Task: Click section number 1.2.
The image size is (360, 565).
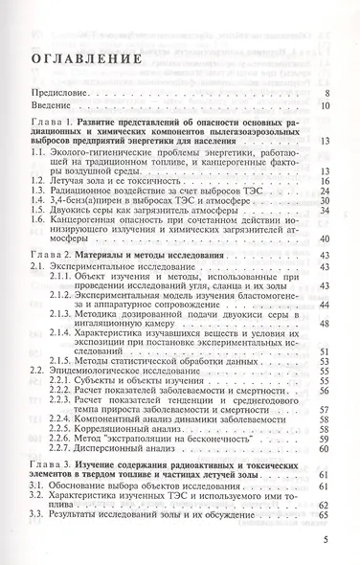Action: (34, 179)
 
